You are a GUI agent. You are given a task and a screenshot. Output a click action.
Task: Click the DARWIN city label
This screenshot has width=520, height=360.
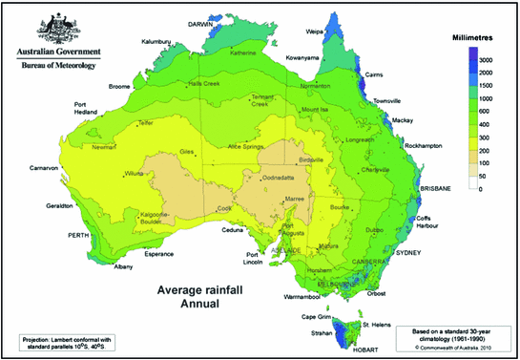(x=200, y=25)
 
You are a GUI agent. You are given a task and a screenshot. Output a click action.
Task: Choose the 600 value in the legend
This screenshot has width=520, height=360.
(x=485, y=112)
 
